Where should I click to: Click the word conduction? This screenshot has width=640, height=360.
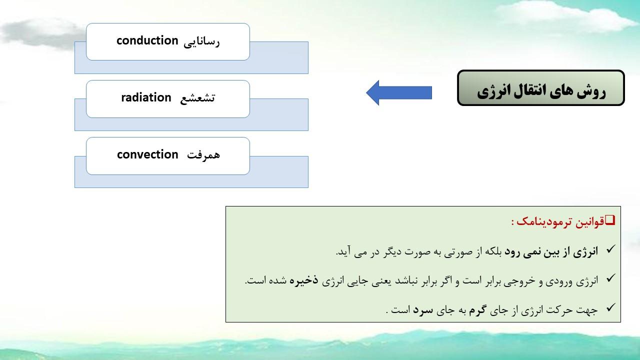pyautogui.click(x=147, y=40)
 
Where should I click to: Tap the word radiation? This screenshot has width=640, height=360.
pyautogui.click(x=146, y=97)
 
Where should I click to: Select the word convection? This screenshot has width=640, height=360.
pyautogui.click(x=147, y=154)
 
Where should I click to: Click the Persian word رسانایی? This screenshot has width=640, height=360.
pyautogui.click(x=201, y=42)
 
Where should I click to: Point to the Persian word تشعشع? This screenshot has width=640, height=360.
pyautogui.click(x=197, y=98)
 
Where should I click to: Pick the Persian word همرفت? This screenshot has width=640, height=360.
pyautogui.click(x=203, y=155)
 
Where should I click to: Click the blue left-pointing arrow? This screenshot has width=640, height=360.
pyautogui.click(x=399, y=93)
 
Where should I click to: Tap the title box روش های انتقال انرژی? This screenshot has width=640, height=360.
pyautogui.click(x=541, y=88)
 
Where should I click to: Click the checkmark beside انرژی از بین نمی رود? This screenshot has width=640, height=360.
pyautogui.click(x=609, y=249)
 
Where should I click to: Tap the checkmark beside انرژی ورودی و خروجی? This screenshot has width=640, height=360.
pyautogui.click(x=609, y=278)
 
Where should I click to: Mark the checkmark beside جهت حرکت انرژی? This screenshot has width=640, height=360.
pyautogui.click(x=609, y=307)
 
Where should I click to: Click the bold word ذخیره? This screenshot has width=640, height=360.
pyautogui.click(x=303, y=280)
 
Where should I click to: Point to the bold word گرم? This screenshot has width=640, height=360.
pyautogui.click(x=476, y=309)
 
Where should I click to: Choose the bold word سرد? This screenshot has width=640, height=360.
pyautogui.click(x=423, y=310)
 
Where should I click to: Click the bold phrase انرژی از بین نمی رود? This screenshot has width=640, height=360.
pyautogui.click(x=551, y=251)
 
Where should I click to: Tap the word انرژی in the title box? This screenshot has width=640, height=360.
pyautogui.click(x=491, y=91)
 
